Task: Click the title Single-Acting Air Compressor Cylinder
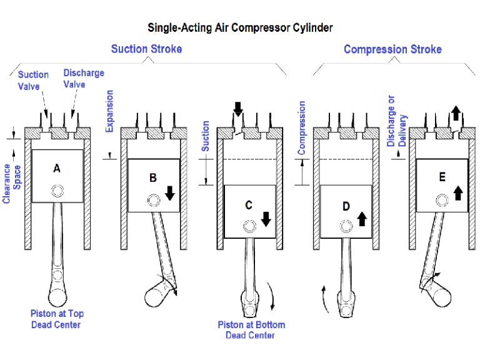point(240,27)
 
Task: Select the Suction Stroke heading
point(146,49)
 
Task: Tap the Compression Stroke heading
point(392,49)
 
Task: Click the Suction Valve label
point(33,79)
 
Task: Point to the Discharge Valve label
point(84,78)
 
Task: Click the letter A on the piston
point(57,168)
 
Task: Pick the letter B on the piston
point(153,178)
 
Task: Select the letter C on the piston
point(249,205)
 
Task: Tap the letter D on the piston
point(346,206)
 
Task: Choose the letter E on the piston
point(442,177)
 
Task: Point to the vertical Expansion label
point(110,111)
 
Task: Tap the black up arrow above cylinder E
point(456,113)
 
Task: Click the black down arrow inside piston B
point(170,194)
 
